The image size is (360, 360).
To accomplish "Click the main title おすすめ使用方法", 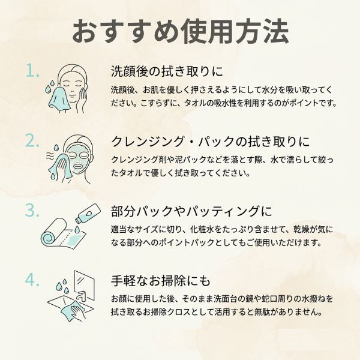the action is pos(181,32).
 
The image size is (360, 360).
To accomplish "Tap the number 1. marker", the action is pos(32,70).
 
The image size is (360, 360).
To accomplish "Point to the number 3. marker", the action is pos(32,210).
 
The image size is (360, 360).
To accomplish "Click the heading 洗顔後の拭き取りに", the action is pos(167,71).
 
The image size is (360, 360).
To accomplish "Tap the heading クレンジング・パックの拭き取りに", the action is pos(211,141).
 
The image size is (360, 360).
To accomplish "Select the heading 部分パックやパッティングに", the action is pos(191,211).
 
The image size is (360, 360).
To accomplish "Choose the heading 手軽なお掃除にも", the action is pos(160,281).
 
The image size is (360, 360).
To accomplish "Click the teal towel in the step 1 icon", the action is pos(60,99).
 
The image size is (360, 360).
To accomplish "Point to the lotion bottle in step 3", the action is pos(88,213).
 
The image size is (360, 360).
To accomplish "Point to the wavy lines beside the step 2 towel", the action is pos(50,156).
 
